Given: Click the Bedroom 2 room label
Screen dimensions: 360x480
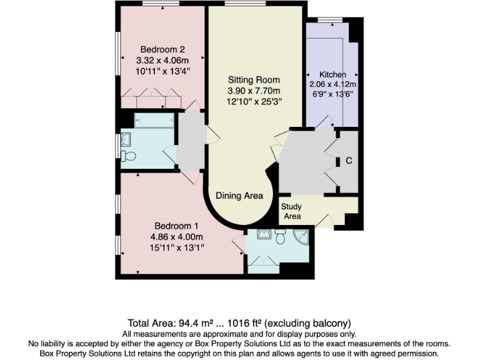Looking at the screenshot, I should coord(162,49).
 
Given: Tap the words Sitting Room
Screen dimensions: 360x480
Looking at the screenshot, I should coord(254,80).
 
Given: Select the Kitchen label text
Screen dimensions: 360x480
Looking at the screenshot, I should coord(332,74).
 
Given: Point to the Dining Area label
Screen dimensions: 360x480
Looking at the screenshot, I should coord(239,196).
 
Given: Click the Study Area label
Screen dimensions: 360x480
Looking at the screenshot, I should coord(291,211).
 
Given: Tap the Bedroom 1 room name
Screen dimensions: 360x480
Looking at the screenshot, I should coord(177,226).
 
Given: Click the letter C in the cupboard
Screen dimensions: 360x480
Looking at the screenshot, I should coord(349,161).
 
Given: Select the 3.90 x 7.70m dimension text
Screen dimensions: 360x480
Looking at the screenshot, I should coord(254,91).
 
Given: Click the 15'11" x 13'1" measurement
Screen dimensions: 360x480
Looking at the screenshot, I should coord(177,248).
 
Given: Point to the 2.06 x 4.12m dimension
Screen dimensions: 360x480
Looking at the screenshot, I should coord(332,84).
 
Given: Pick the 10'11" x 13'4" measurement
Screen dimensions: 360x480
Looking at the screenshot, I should coord(162,71).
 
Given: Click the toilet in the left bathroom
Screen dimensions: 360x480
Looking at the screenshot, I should coord(129,156).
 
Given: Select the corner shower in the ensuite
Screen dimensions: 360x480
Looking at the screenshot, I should coord(302,238).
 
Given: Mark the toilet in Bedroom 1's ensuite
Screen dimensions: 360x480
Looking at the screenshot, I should coord(280,237).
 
